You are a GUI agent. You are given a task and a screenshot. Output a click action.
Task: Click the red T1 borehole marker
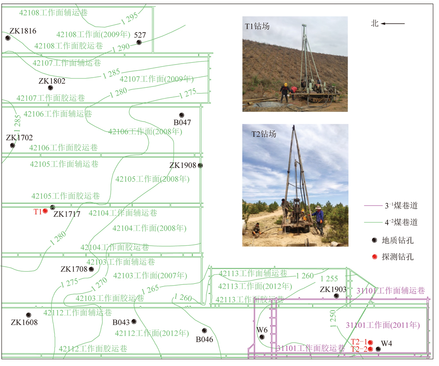(x=45, y=211)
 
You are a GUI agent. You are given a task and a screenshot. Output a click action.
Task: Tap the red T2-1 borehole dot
(x=371, y=342)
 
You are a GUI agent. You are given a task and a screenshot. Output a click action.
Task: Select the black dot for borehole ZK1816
(x=8, y=38)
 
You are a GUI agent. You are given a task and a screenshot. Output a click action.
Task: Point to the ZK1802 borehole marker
(x=50, y=88)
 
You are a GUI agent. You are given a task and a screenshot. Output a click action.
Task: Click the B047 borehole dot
(x=182, y=115)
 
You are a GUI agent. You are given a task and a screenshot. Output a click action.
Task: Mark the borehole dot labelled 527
(x=139, y=43)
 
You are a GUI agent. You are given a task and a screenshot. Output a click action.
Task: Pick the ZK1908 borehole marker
(x=200, y=165)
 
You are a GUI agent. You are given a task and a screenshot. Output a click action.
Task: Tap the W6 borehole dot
(x=262, y=337)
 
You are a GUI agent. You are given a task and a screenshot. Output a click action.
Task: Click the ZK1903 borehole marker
(x=337, y=296)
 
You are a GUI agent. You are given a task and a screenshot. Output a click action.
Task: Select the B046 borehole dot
(x=205, y=331)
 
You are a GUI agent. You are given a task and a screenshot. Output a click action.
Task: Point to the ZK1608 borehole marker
(x=29, y=315)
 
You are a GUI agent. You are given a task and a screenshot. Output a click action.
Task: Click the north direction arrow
(x=393, y=24)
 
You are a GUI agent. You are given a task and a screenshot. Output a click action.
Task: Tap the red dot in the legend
(x=374, y=257)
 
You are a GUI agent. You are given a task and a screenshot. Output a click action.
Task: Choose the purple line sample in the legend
(x=373, y=206)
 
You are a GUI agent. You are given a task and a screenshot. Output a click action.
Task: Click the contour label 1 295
(x=130, y=18)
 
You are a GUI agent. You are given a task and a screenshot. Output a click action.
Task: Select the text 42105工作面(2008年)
(x=153, y=179)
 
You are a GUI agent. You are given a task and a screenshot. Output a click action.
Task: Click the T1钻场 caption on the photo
(x=257, y=26)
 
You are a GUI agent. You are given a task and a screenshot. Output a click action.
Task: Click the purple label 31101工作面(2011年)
(x=383, y=325)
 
